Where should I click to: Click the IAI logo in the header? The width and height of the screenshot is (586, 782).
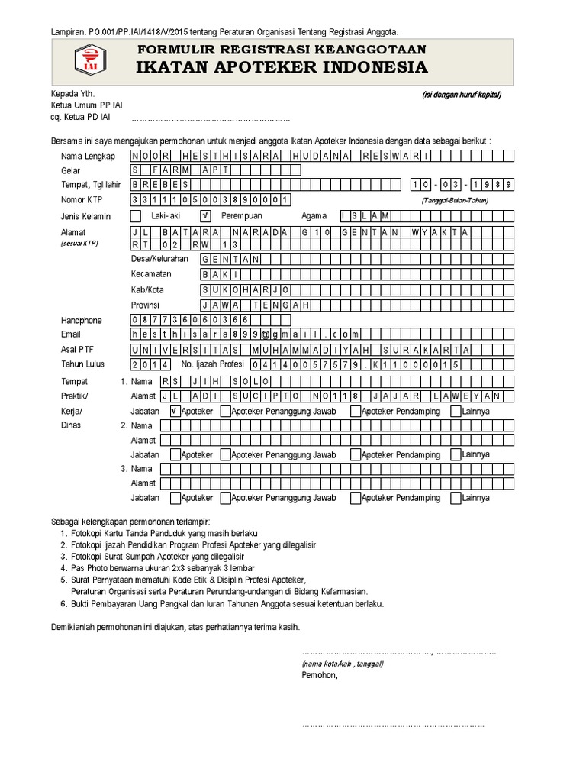tap(91, 61)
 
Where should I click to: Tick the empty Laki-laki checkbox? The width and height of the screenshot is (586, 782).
tap(136, 216)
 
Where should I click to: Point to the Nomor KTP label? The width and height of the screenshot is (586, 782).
tap(81, 200)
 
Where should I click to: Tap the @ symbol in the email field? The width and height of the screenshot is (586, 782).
tap(266, 334)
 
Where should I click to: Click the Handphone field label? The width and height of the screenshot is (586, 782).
tap(81, 321)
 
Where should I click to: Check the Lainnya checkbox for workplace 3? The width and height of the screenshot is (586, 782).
tap(456, 497)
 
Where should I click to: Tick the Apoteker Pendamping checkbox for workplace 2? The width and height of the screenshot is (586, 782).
tap(356, 454)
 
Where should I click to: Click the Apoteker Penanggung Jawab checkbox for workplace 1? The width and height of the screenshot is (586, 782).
tap(225, 411)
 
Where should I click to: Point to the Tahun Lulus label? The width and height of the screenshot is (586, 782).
tap(83, 364)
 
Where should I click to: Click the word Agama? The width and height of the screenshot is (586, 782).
tap(314, 216)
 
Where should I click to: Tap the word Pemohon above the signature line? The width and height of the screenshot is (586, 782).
tap(319, 675)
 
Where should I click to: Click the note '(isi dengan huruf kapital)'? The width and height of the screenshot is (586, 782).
tap(461, 95)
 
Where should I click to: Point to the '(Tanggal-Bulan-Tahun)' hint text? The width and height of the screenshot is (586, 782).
tap(455, 200)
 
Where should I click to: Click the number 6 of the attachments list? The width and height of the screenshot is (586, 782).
tap(63, 603)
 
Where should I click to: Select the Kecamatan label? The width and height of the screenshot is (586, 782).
tap(151, 274)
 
